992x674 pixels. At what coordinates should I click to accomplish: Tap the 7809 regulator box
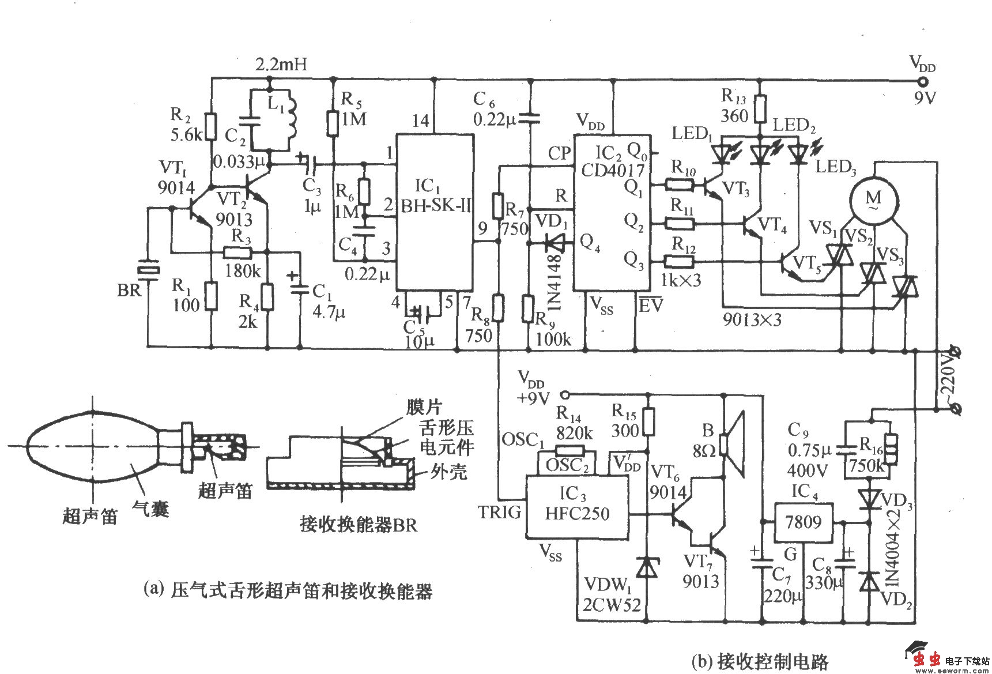pos(803,522)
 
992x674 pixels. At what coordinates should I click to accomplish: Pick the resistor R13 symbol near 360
pos(761,108)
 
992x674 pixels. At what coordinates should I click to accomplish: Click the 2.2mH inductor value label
pos(281,64)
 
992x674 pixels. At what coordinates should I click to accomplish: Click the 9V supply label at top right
pos(925,98)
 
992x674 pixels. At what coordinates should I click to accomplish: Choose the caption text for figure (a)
pos(288,590)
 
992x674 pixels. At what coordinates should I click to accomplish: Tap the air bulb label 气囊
pos(151,509)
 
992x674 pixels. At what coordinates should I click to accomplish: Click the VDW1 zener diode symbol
pos(646,567)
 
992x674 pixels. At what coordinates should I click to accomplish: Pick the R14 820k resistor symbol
pos(570,451)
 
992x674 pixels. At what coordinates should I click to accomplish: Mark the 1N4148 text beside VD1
pos(555,283)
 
